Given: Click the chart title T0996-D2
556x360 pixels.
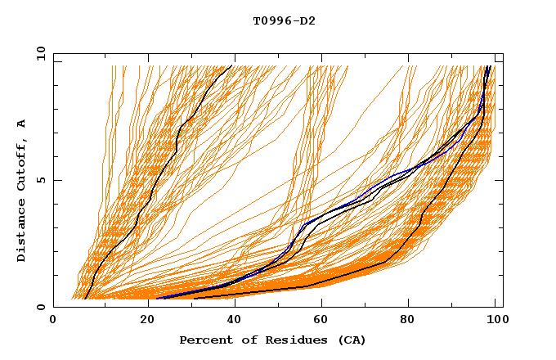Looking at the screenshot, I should click(x=284, y=20).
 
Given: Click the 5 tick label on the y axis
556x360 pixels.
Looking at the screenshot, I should click(x=40, y=180).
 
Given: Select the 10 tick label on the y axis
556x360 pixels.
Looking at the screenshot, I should click(x=38, y=53).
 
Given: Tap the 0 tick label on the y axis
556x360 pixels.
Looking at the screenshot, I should click(x=40, y=307).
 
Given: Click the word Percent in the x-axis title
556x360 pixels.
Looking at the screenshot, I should click(x=204, y=340).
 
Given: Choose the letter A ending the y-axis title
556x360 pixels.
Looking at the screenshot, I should click(x=21, y=123).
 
